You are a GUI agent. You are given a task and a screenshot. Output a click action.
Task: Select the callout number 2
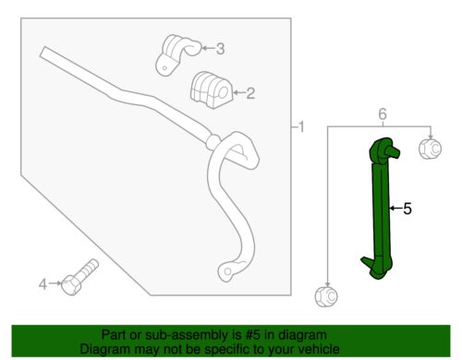click(x=250, y=92)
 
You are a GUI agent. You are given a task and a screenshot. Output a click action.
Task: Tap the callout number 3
click(x=219, y=48)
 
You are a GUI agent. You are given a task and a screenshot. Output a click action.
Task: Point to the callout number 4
click(x=43, y=283)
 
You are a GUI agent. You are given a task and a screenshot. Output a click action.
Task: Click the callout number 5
click(x=407, y=210)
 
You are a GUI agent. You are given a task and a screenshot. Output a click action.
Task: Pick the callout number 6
click(x=381, y=113)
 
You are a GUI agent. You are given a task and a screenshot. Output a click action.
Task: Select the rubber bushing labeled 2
click(x=209, y=90)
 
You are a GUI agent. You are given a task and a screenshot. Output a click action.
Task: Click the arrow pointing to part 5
click(x=395, y=210)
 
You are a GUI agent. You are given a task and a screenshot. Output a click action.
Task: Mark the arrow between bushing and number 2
click(x=236, y=92)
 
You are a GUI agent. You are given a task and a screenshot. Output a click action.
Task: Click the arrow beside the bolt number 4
click(x=55, y=283)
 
